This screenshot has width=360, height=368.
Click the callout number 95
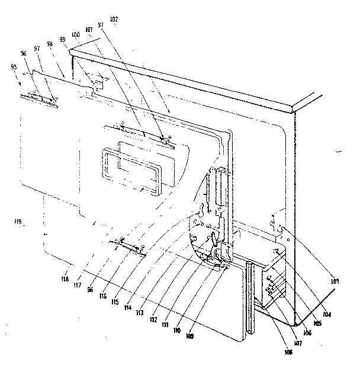pos(13,66)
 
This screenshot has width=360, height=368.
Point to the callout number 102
pos(114,20)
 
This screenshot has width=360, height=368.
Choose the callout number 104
pos(327,315)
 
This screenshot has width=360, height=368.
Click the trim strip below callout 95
pos(38,99)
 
